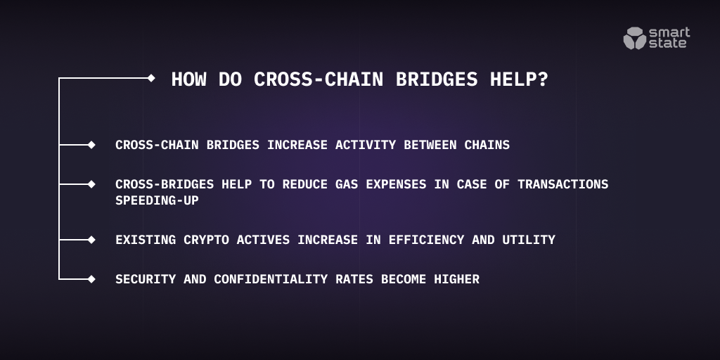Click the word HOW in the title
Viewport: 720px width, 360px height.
(x=188, y=79)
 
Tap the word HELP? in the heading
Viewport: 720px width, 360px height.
(x=519, y=79)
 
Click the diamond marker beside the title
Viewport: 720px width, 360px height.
(x=151, y=78)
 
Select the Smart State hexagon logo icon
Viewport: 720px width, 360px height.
(x=635, y=38)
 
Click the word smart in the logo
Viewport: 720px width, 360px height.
(x=669, y=32)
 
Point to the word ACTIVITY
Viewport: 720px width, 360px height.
(x=366, y=145)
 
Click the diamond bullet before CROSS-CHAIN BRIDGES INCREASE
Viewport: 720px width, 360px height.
(x=91, y=145)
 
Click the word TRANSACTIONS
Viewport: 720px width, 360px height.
(x=563, y=184)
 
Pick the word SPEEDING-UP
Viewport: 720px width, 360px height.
(x=157, y=200)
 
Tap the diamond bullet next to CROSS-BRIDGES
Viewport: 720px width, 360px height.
(x=91, y=184)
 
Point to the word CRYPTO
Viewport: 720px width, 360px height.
(x=206, y=240)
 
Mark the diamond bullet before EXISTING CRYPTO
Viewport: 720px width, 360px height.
(x=91, y=240)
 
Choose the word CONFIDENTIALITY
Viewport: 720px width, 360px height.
(x=271, y=279)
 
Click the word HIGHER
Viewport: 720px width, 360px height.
(x=456, y=279)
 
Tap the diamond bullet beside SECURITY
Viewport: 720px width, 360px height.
(x=91, y=279)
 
